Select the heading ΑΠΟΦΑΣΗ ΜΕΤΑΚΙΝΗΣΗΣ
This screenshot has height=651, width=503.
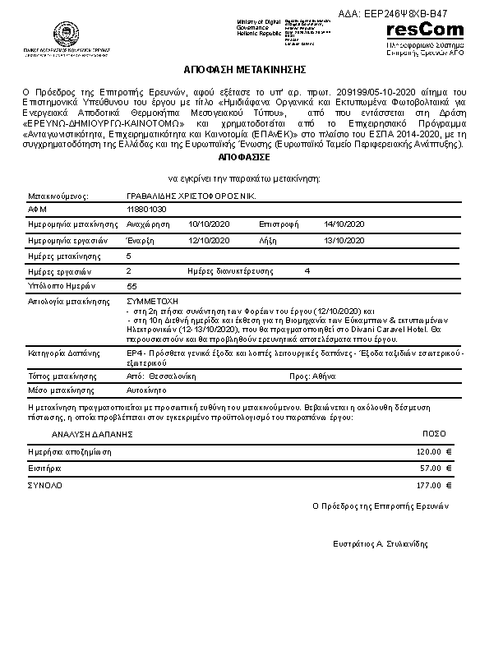point(246,70)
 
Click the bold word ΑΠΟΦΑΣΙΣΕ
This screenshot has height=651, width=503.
point(246,155)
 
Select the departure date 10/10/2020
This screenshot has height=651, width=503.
point(209,224)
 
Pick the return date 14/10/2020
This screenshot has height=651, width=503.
point(344,224)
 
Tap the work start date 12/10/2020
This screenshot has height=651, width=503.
point(209,240)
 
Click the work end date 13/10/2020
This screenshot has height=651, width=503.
point(344,240)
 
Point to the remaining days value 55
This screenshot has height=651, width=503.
point(132,286)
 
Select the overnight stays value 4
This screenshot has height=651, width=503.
point(307,270)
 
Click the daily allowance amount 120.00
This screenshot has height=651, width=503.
point(434,452)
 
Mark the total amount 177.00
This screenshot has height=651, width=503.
point(434,486)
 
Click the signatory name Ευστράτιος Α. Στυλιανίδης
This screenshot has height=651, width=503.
point(381,544)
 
